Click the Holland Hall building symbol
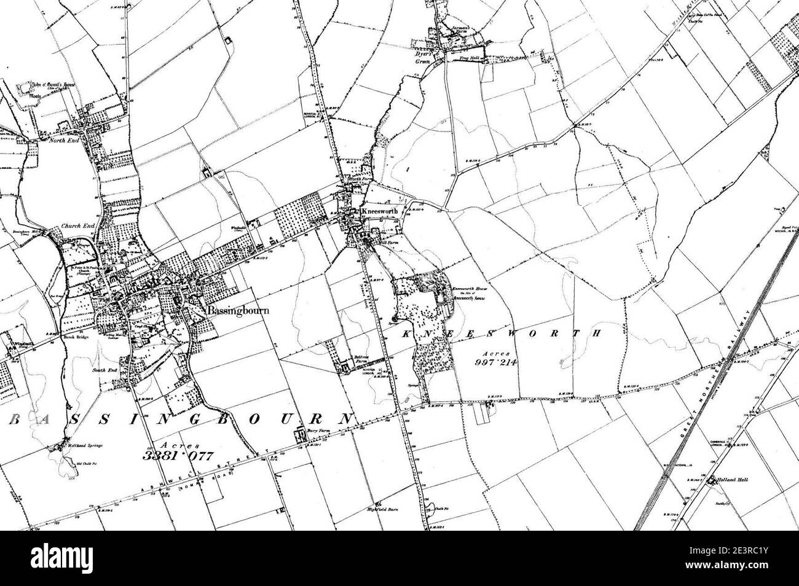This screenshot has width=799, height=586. point(713,481)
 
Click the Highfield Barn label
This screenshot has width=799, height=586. point(392,507)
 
